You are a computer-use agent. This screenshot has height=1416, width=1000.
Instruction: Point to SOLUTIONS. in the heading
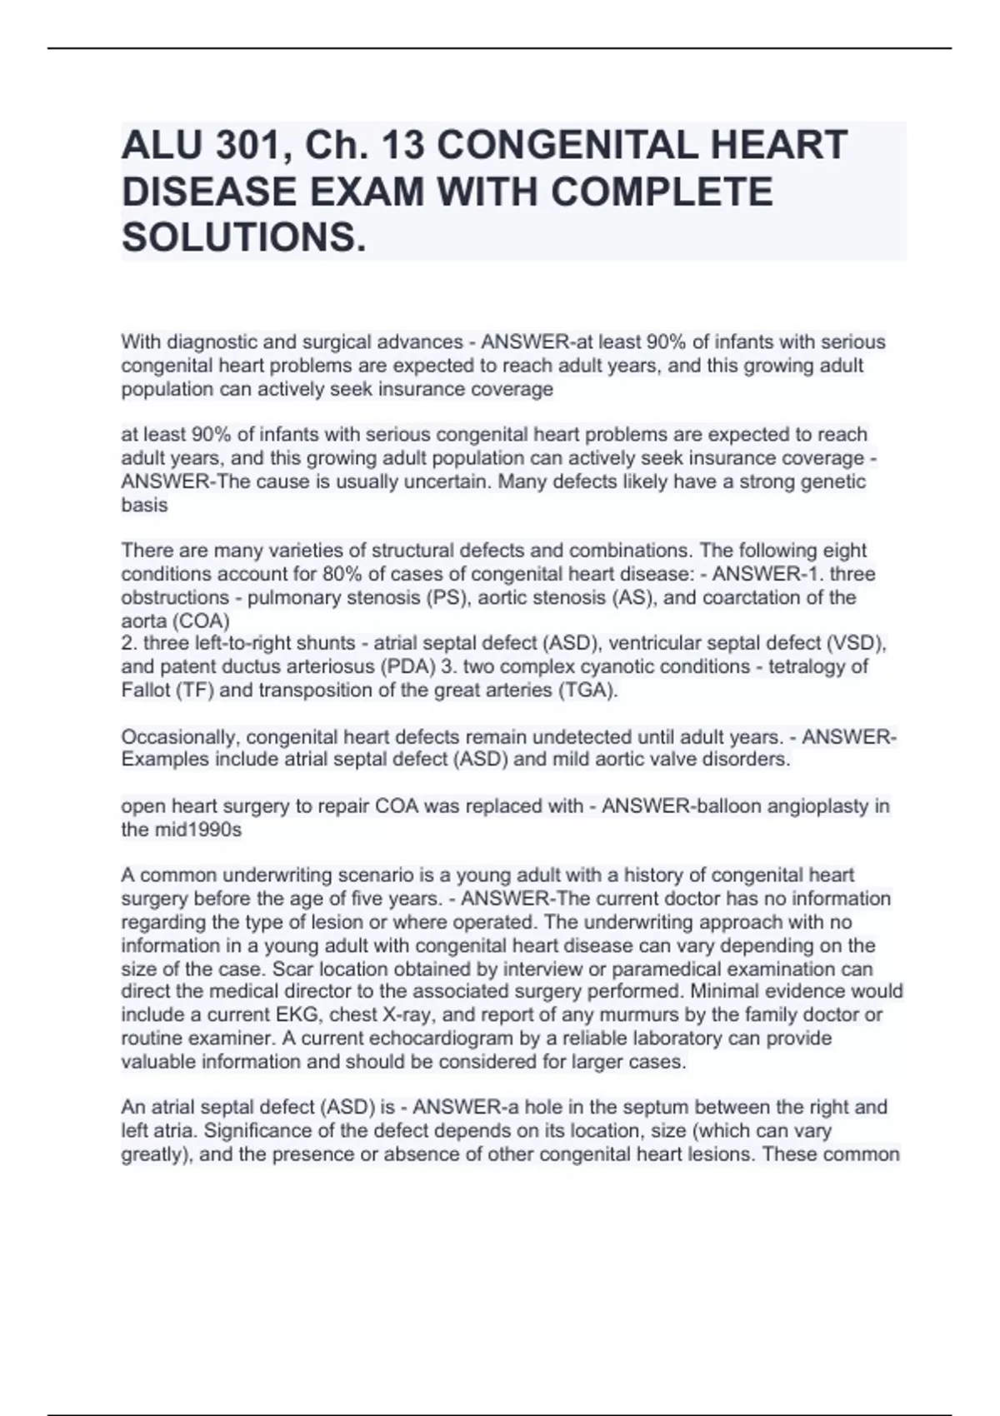coord(244,238)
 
